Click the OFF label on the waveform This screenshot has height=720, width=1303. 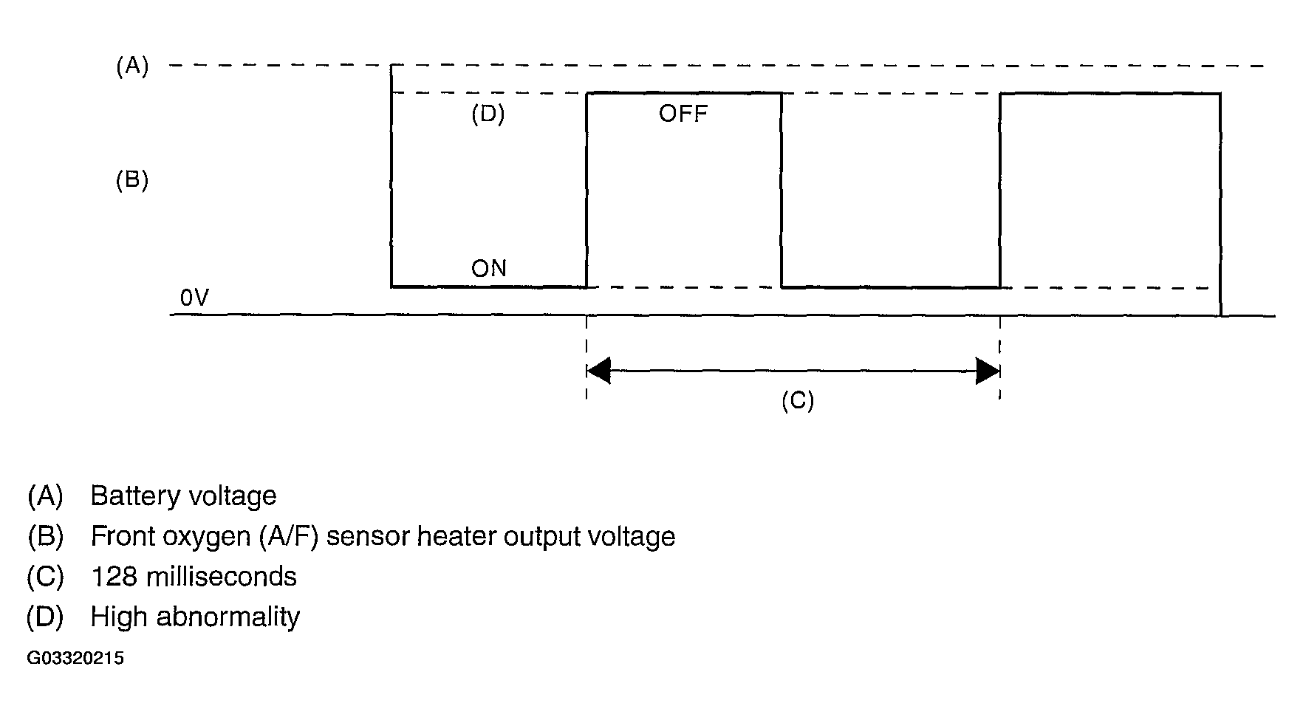[x=683, y=114]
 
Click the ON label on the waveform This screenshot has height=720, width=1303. [x=489, y=268]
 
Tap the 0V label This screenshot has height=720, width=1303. [x=194, y=298]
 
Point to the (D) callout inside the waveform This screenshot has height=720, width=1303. [x=488, y=115]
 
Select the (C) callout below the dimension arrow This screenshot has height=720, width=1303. [x=798, y=401]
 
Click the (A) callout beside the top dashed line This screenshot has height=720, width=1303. [x=132, y=67]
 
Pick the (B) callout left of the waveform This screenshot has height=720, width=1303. [x=132, y=181]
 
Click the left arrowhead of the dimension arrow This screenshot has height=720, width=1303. [x=598, y=371]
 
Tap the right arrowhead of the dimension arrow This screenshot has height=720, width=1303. [x=988, y=371]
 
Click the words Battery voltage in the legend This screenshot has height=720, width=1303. [x=183, y=496]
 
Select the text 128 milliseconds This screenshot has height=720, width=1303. [x=194, y=576]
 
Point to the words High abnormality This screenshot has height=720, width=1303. [x=195, y=617]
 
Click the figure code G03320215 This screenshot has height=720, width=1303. [x=75, y=658]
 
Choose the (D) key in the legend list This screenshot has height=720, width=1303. [x=45, y=617]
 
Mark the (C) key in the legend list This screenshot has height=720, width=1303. [x=45, y=577]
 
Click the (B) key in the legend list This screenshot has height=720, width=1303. [x=45, y=537]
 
